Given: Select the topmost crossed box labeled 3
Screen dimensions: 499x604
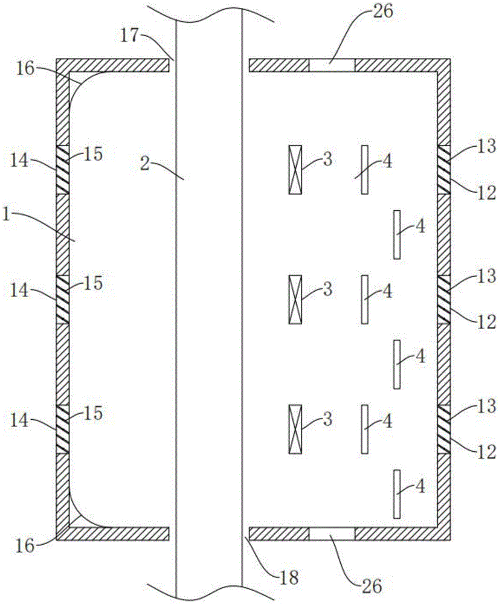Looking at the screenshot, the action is (295, 170).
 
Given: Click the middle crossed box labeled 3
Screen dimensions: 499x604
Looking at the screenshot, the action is (295, 299).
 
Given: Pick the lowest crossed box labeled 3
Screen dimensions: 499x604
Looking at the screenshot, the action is (295, 429).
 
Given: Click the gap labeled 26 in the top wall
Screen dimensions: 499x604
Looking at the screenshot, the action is (332, 65).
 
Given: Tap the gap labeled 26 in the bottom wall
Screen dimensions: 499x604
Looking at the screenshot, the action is (332, 533).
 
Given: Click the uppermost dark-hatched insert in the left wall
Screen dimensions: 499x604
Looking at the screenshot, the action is (62, 170).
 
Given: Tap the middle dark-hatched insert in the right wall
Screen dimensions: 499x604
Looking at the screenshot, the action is (444, 299).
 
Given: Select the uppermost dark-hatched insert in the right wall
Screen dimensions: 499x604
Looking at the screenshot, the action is (444, 170).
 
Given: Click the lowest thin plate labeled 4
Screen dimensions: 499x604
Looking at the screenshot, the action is (397, 493).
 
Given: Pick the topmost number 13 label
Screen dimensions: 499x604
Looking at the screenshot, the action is (485, 146).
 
